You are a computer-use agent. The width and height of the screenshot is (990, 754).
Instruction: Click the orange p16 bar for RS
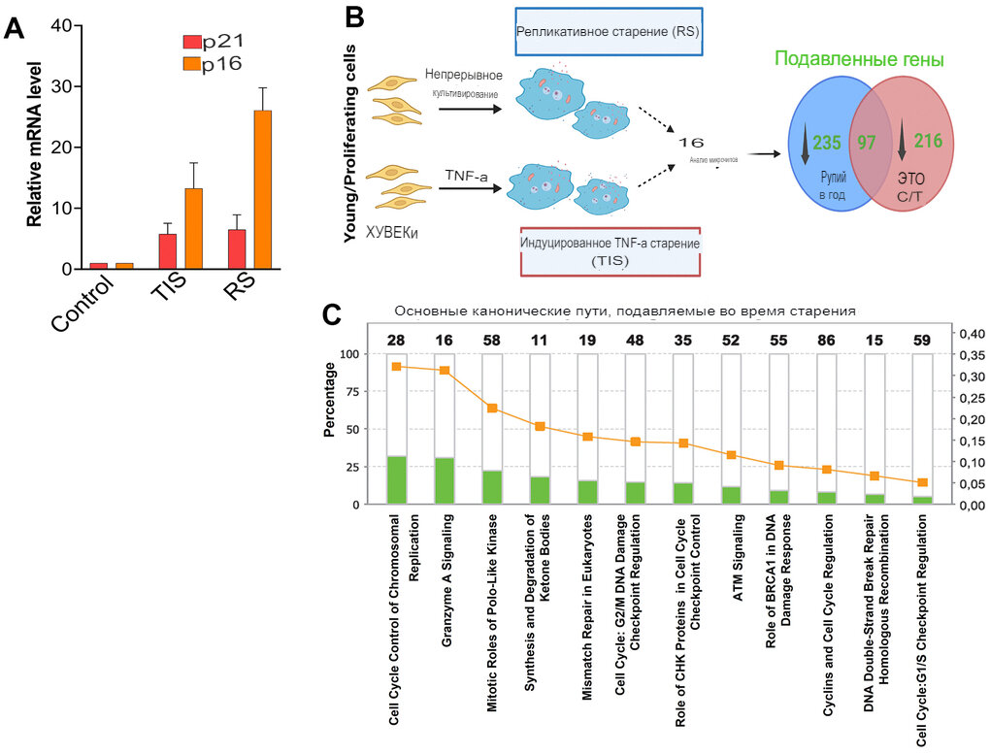pyautogui.click(x=263, y=189)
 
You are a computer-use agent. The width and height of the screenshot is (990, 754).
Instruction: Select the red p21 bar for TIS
pyautogui.click(x=168, y=251)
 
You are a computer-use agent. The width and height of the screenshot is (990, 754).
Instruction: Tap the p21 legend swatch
pyautogui.click(x=192, y=42)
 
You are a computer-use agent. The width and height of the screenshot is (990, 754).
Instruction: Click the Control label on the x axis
pyautogui.click(x=83, y=303)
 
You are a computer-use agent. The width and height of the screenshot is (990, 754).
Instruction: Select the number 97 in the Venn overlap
pyautogui.click(x=867, y=142)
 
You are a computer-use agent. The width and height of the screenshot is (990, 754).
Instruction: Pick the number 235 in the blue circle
pyautogui.click(x=826, y=142)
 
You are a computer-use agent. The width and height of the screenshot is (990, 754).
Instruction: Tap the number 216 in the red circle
pyautogui.click(x=927, y=142)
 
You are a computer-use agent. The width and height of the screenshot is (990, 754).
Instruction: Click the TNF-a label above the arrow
pyautogui.click(x=466, y=175)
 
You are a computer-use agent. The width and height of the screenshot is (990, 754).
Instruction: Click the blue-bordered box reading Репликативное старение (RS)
pyautogui.click(x=608, y=31)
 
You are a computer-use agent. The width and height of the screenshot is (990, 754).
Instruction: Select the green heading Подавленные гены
pyautogui.click(x=858, y=60)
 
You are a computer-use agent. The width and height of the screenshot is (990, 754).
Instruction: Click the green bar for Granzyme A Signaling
pyautogui.click(x=445, y=479)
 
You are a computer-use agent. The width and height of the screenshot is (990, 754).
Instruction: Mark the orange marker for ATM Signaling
pyautogui.click(x=732, y=455)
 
